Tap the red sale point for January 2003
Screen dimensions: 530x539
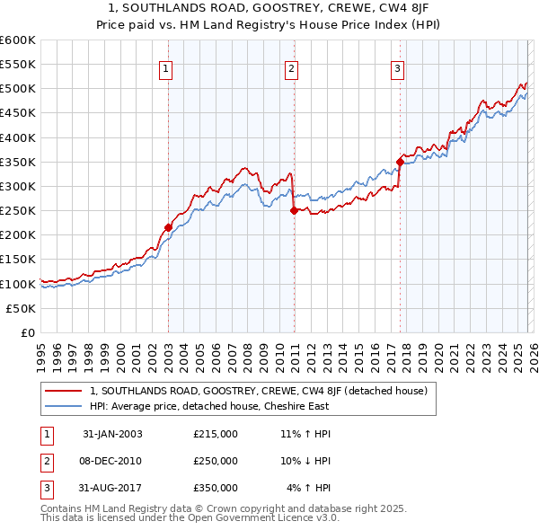pyautogui.click(x=168, y=227)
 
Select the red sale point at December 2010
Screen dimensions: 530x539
pyautogui.click(x=293, y=211)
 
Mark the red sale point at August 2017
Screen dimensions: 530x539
pyautogui.click(x=400, y=162)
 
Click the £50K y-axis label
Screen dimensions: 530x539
pyautogui.click(x=22, y=308)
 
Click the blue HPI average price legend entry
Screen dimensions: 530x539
pyautogui.click(x=209, y=406)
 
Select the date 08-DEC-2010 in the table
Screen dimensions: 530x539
pyautogui.click(x=111, y=461)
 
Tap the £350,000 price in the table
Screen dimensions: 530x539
pyautogui.click(x=216, y=488)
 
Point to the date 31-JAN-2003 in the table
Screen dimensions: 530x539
pyautogui.click(x=111, y=434)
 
